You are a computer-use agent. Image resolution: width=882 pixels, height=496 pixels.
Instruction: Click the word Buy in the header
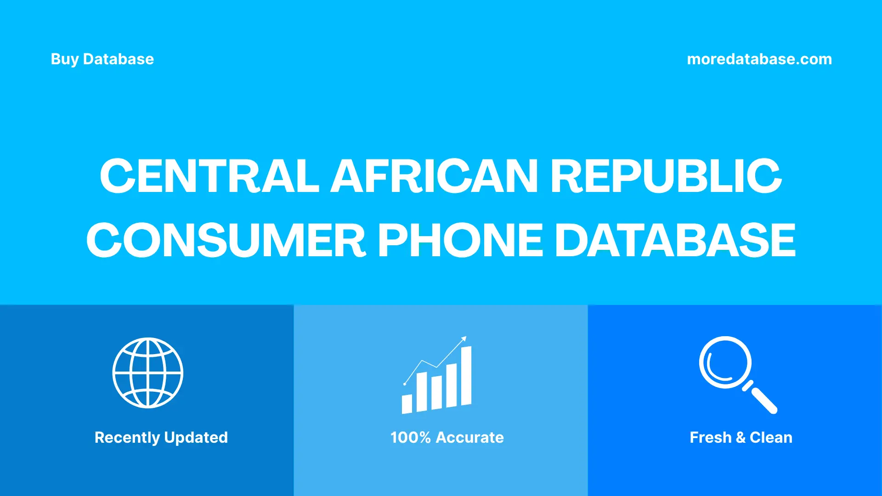64,59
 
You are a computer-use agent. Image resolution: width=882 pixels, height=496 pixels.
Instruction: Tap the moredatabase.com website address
759,59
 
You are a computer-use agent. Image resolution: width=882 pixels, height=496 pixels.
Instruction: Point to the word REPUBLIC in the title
666,176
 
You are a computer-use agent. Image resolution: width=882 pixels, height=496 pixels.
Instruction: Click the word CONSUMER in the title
226,240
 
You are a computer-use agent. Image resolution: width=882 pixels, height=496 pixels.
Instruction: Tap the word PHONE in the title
460,240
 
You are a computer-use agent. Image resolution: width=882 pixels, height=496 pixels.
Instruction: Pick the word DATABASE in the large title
675,240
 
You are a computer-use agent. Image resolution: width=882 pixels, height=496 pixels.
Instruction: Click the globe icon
148,373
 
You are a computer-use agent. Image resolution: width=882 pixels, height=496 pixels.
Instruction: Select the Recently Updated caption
161,437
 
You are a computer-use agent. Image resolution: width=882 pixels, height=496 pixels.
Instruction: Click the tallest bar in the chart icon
466,376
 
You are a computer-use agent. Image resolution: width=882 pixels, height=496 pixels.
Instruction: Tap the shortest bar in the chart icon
407,404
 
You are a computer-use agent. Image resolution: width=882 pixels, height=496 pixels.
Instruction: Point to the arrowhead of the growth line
464,339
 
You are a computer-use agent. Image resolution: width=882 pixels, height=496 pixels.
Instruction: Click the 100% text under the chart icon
410,437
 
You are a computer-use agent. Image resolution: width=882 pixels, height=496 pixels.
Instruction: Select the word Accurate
469,437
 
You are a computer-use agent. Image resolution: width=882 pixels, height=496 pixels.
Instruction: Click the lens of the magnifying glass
725,362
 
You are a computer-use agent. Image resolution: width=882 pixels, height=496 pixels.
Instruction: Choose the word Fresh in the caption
710,437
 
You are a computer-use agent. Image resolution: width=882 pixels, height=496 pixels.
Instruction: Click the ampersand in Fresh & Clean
740,437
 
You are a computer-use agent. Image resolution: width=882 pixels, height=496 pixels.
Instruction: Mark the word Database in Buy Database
119,59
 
